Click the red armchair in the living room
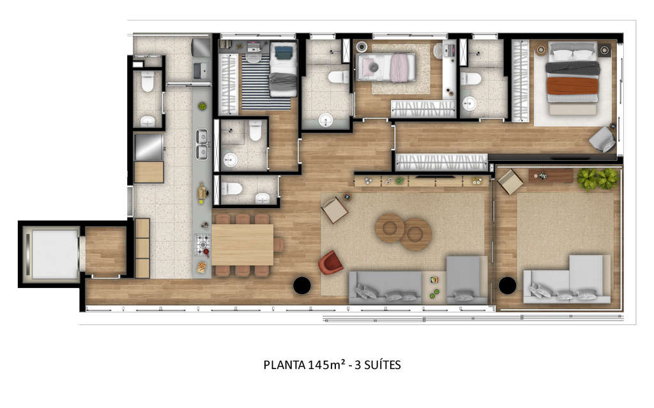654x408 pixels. click(330, 262)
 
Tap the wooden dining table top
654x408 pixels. click(242, 245)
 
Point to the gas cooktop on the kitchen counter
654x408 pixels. click(202, 245)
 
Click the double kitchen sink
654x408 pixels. click(202, 144)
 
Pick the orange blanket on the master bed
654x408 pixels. click(572, 86)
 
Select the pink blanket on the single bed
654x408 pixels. click(399, 68)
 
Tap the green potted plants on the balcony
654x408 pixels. click(597, 179)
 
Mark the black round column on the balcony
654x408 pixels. click(507, 285)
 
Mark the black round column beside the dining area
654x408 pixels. click(302, 285)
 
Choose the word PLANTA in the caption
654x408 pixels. click(284, 365)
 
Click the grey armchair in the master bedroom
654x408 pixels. click(602, 140)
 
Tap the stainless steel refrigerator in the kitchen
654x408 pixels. click(148, 147)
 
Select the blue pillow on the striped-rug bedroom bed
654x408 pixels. click(284, 52)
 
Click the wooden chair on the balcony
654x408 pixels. click(510, 182)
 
